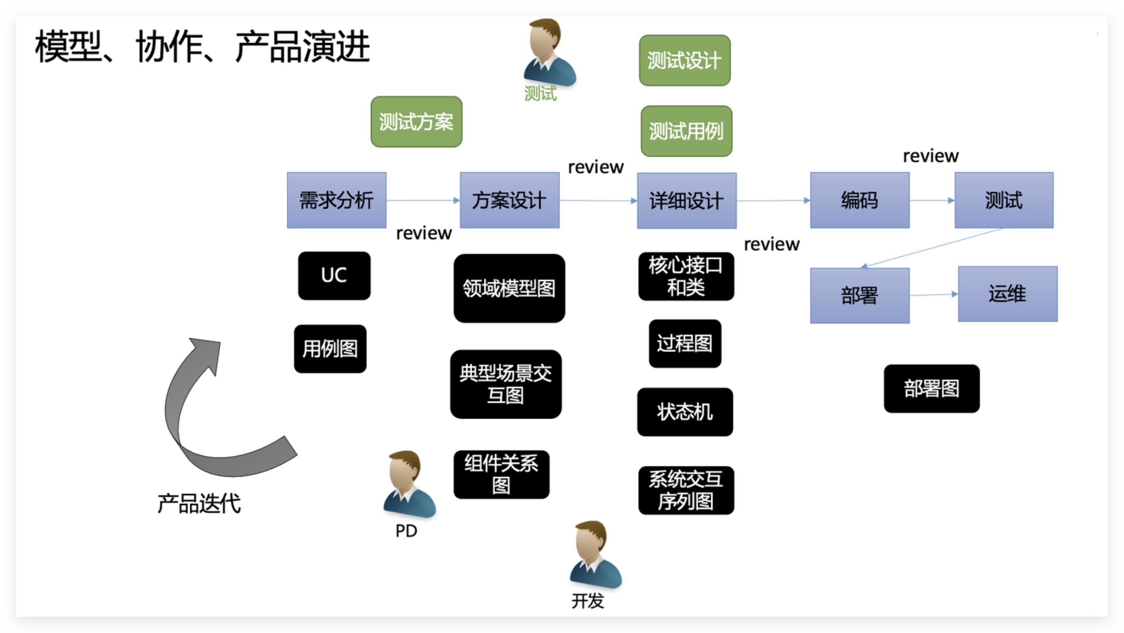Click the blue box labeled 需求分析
336,200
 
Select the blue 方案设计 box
509,200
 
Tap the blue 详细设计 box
686,201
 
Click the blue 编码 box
860,200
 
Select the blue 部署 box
860,295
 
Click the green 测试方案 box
416,122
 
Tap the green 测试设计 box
684,60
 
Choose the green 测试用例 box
686,131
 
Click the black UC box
334,275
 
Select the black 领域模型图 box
509,288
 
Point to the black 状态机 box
685,412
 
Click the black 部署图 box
932,389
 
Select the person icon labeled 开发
595,554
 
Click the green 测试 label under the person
540,94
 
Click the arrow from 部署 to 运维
934,295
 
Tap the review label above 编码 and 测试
930,156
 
